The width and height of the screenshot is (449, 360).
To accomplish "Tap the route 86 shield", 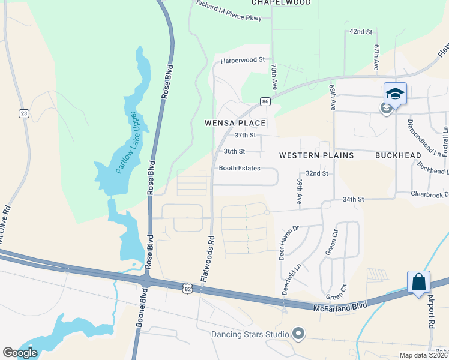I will pyautogui.click(x=265, y=103).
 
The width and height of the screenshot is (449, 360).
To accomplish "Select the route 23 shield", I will pyautogui.click(x=24, y=113).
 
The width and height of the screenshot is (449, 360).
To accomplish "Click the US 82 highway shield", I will pyautogui.click(x=188, y=290).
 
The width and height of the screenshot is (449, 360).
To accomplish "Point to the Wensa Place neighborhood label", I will pyautogui.click(x=235, y=123).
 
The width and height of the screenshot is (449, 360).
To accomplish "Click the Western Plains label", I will pyautogui.click(x=316, y=155).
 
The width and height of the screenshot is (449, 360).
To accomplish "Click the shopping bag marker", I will pyautogui.click(x=418, y=281).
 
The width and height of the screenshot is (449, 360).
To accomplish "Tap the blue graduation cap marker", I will pyautogui.click(x=396, y=93).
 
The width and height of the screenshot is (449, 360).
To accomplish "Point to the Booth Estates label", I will pyautogui.click(x=240, y=168).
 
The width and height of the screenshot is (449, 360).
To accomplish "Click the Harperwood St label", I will pyautogui.click(x=243, y=60).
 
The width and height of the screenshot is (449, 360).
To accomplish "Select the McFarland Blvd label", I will pyautogui.click(x=340, y=307).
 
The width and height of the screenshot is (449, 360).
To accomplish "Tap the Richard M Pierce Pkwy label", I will pyautogui.click(x=229, y=10).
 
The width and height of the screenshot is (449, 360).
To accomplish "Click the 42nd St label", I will pyautogui.click(x=361, y=31).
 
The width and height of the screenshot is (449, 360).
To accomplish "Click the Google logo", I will pyautogui.click(x=20, y=352).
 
